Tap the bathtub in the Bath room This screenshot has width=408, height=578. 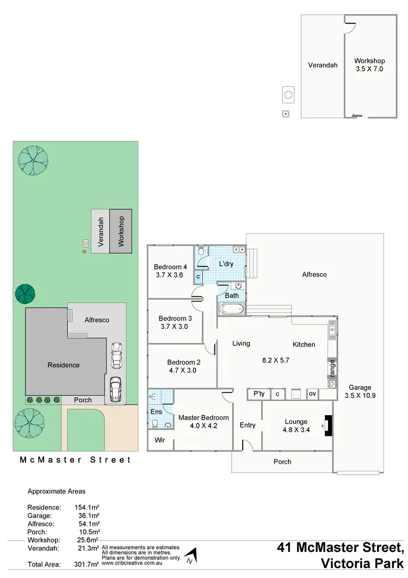[232, 310]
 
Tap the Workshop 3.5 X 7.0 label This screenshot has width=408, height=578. [369, 65]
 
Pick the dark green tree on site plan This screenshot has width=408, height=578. [25, 293]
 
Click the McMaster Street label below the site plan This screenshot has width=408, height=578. [75, 460]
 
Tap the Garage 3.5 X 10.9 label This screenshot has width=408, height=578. [361, 392]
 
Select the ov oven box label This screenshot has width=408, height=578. [312, 393]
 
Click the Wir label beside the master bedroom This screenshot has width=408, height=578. [160, 439]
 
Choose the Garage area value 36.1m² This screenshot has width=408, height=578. [86, 515]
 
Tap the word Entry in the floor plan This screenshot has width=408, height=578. [248, 425]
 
